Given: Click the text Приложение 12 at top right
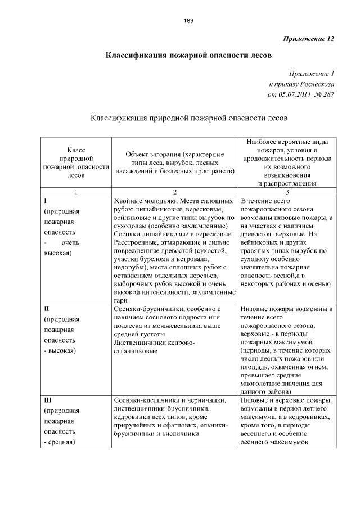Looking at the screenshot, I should [x=307, y=39].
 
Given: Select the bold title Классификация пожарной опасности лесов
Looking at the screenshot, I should [x=189, y=56].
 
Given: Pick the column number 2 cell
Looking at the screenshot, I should [x=175, y=192].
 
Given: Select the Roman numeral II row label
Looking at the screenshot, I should [x=47, y=309].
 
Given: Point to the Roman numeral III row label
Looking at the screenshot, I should [x=48, y=400].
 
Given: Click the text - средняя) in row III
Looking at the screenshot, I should [x=60, y=443].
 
